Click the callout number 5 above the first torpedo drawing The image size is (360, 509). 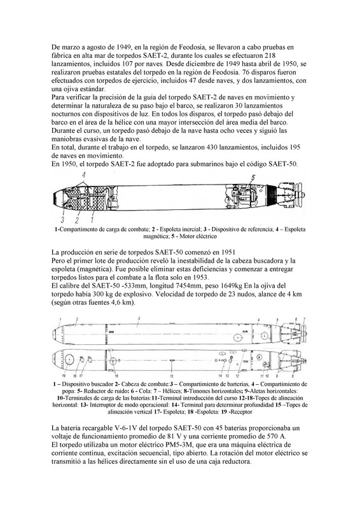pos(253,178)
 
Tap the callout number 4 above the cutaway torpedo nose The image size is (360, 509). pos(84,176)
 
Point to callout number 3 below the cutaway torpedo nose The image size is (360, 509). pos(62,220)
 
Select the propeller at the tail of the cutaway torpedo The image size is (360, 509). pos(300,195)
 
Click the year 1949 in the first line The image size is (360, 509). pos(120,47)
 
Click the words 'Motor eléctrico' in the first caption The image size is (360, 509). pos(198,236)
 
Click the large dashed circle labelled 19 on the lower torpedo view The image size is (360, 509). pos(69,359)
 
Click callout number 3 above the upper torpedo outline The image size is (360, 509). pos(139,319)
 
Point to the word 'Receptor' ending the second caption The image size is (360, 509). pos(242,412)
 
